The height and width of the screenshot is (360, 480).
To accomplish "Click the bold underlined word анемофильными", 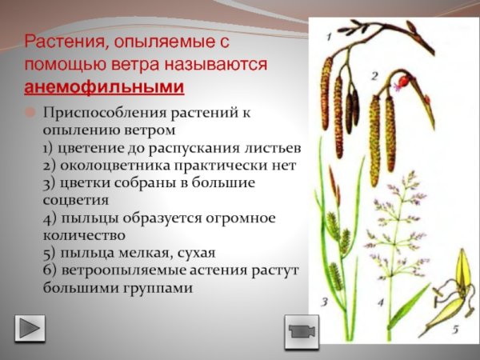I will click(104, 86).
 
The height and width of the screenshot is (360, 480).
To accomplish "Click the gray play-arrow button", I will click(30, 328).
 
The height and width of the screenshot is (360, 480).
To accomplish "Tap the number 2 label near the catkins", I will click(374, 75).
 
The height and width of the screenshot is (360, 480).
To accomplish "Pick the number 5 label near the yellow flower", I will click(454, 328).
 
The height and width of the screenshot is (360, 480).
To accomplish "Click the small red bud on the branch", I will click(403, 82).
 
